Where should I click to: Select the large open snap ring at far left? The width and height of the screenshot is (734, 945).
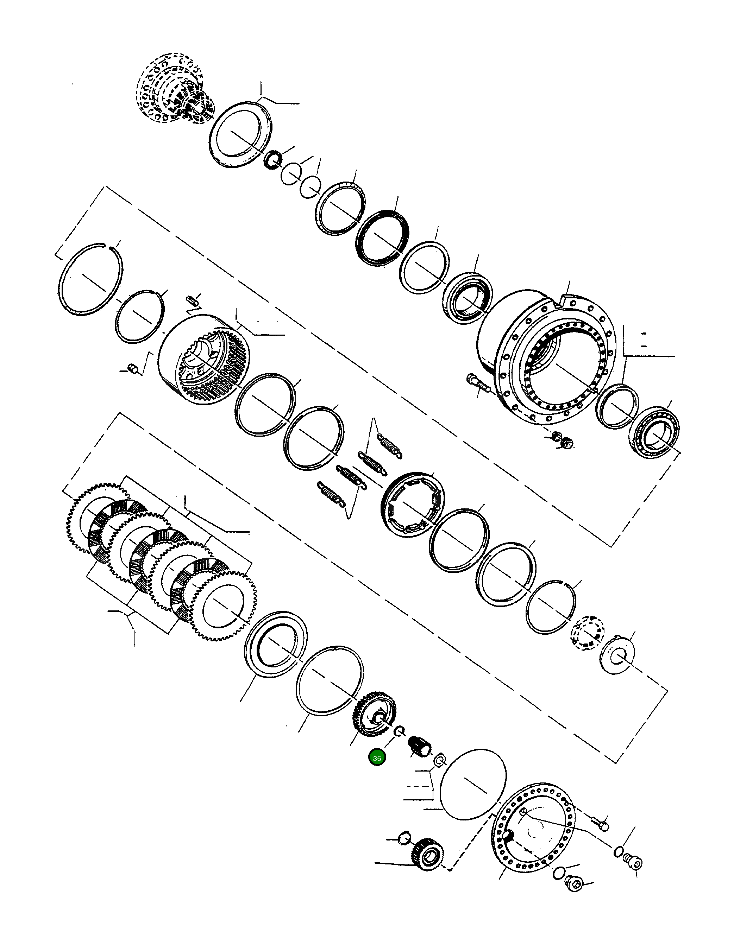90,279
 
